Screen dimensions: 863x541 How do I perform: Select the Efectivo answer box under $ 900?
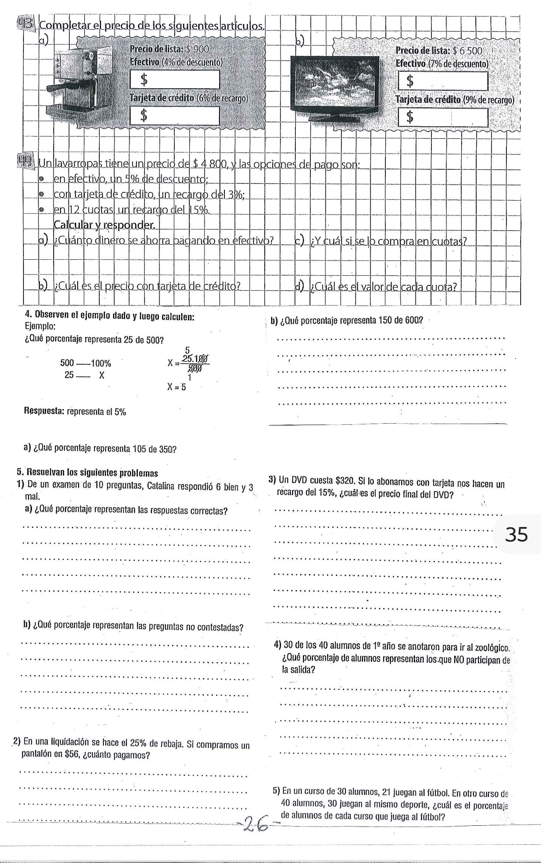click(x=174, y=80)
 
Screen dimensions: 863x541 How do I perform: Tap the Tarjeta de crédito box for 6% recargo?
click(x=174, y=116)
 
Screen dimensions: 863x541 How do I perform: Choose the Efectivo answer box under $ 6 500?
click(x=443, y=81)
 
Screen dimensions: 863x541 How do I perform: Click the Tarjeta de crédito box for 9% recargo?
click(x=443, y=117)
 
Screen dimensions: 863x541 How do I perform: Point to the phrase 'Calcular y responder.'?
click(x=104, y=225)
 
